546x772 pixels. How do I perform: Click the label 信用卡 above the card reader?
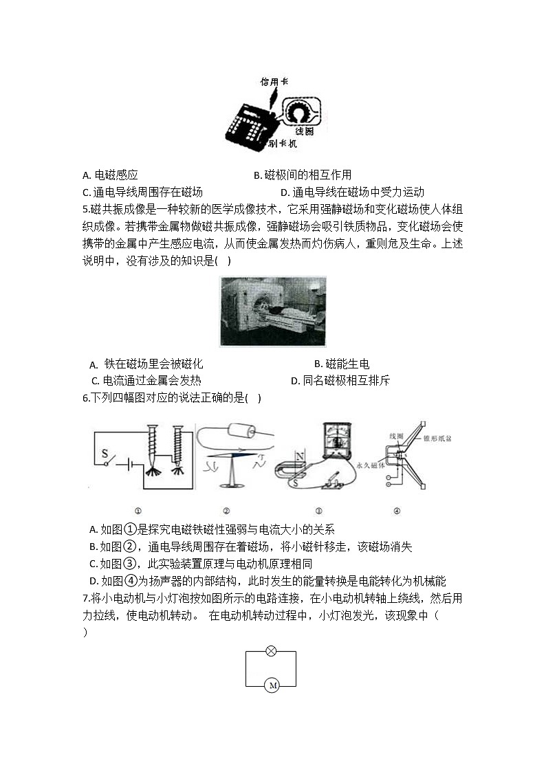(274, 82)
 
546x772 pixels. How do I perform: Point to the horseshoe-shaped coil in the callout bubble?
(300, 111)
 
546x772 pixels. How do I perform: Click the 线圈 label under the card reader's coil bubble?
(304, 131)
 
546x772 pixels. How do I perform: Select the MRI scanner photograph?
(273, 311)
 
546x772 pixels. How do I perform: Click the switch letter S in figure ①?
(105, 454)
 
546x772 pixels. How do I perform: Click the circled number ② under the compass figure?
(226, 511)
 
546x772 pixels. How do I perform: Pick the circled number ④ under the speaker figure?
(397, 511)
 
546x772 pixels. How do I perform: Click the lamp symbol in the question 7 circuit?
(271, 651)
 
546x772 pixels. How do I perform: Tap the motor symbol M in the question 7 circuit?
(271, 685)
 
